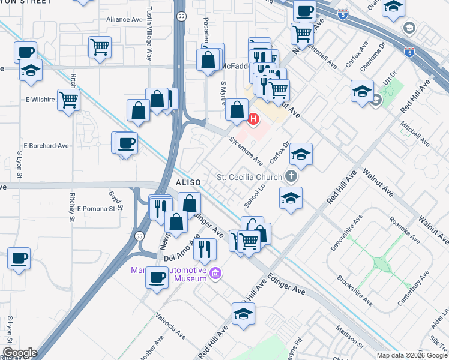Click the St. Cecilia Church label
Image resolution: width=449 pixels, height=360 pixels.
click(249, 177)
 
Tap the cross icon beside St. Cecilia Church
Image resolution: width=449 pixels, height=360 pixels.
click(291, 176)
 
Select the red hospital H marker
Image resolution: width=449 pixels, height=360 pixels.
click(253, 119)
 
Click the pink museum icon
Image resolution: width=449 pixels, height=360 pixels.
click(215, 275)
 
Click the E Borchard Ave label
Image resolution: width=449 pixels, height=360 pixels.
click(46, 146)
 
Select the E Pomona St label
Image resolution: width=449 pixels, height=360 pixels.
click(95, 209)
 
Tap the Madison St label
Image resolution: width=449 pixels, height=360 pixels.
click(350, 337)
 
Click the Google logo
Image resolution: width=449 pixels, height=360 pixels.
click(20, 353)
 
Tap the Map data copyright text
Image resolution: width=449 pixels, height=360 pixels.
click(412, 355)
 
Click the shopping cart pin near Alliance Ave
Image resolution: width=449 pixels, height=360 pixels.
click(100, 47)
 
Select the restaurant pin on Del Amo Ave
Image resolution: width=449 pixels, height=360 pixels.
click(205, 249)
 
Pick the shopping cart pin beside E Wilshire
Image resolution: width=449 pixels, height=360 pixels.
click(69, 99)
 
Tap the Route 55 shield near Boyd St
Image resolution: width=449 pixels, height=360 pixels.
click(139, 235)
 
